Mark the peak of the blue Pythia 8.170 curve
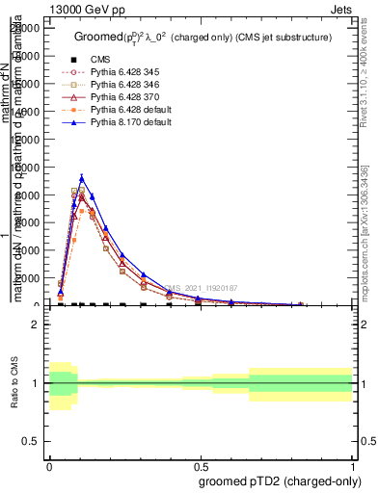83,177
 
